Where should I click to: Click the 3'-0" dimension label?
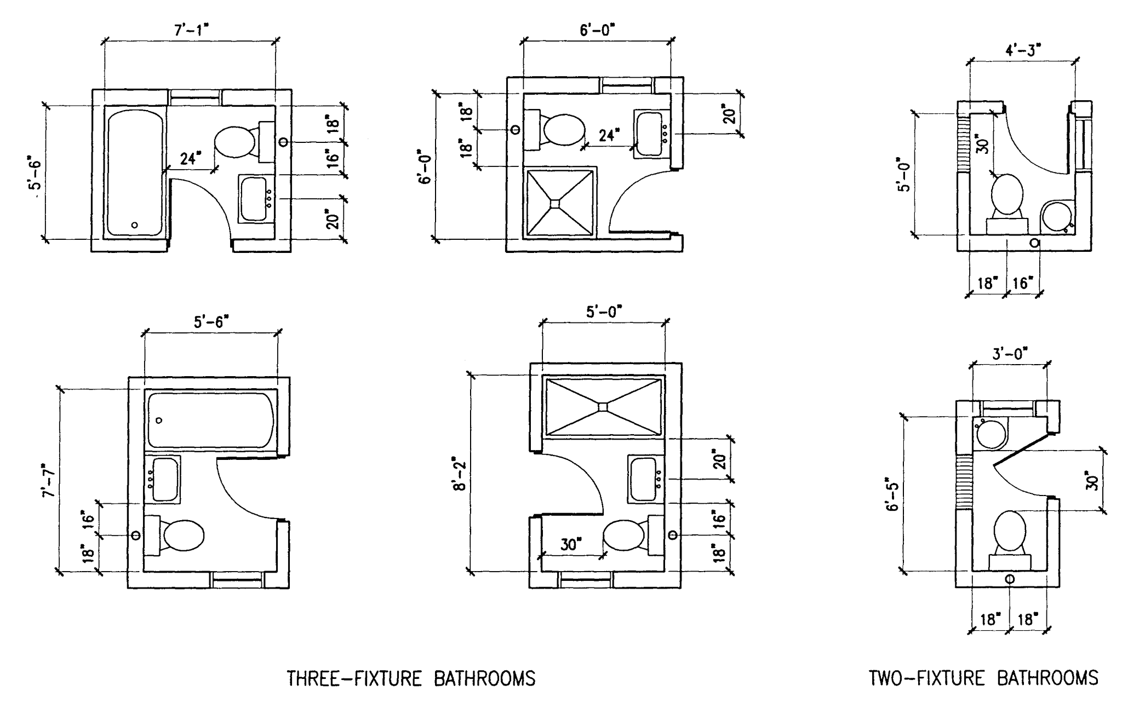[1010, 353]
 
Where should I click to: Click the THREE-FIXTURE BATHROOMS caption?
[411, 678]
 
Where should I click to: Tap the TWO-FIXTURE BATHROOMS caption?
[983, 678]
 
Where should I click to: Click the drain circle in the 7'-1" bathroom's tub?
[135, 225]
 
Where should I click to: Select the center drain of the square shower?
[555, 204]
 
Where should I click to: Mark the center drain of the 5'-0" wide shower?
[603, 406]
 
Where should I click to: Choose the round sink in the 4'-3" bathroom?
[1055, 216]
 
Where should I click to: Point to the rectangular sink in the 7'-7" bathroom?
[165, 479]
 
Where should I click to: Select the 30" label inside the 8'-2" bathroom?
[571, 545]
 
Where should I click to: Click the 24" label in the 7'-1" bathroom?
[188, 159]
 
